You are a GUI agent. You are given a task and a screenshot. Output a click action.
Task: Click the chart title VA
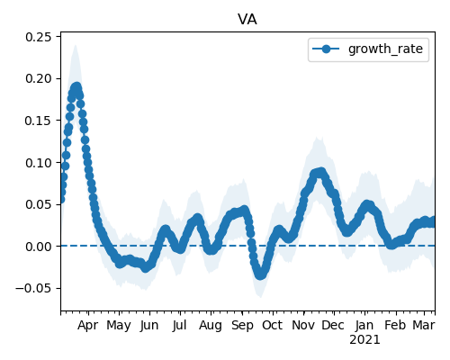point(247,20)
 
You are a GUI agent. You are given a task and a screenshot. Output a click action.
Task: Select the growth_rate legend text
point(385,49)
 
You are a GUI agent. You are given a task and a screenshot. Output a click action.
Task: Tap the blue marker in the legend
point(326,49)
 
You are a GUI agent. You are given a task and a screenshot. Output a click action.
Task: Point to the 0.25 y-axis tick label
point(39,37)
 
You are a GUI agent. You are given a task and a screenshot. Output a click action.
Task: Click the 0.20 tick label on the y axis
point(39,78)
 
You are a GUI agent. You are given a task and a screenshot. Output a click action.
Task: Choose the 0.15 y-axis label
point(39,121)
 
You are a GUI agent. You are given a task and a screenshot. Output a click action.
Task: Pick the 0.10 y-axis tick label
point(39,163)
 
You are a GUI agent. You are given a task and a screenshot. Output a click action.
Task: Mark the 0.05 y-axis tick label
point(39,204)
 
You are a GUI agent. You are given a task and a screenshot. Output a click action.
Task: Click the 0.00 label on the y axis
point(39,247)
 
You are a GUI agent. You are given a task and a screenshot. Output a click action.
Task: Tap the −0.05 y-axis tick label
point(34,288)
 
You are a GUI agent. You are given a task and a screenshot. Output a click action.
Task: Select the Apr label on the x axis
point(88,326)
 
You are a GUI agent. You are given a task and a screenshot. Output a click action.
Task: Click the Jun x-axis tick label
point(149,326)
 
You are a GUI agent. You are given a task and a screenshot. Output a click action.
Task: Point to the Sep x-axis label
point(242,326)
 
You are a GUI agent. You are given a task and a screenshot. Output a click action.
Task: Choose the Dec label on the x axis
point(333,326)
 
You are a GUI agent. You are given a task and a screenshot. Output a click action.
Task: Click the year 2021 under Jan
point(364,340)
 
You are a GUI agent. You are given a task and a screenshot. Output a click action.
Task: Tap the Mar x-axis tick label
point(424,326)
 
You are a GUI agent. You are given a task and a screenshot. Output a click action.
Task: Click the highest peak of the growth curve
point(76,87)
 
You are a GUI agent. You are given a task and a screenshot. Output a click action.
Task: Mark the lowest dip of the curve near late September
point(260,274)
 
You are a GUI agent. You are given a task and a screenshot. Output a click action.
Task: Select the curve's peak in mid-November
point(320,173)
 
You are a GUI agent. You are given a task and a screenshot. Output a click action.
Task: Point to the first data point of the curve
point(61,199)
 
